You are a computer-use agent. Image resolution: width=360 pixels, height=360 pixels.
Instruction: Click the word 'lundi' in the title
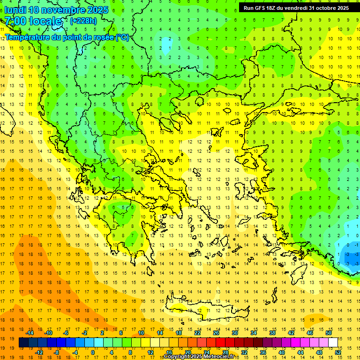pos(15,10)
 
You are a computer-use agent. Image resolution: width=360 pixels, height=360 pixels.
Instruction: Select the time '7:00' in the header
pos(15,22)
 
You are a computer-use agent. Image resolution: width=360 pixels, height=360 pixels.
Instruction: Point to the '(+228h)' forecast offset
pos(83,21)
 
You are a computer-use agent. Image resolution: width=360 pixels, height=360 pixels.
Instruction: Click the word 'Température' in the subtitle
pos(29,37)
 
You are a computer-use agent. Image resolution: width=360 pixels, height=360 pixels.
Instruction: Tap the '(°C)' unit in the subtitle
pos(122,37)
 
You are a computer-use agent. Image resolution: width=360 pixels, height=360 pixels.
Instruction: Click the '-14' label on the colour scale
pos(30,333)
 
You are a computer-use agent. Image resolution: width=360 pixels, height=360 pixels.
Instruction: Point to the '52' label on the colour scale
pos(338,352)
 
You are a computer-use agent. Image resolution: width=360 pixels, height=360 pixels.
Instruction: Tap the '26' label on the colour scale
pos(216,333)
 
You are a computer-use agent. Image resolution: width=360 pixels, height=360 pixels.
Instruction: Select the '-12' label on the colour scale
pos(39,352)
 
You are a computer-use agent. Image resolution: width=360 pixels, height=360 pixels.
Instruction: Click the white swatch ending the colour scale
pos(333,343)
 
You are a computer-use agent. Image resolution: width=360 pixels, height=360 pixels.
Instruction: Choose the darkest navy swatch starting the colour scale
pos(23,343)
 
